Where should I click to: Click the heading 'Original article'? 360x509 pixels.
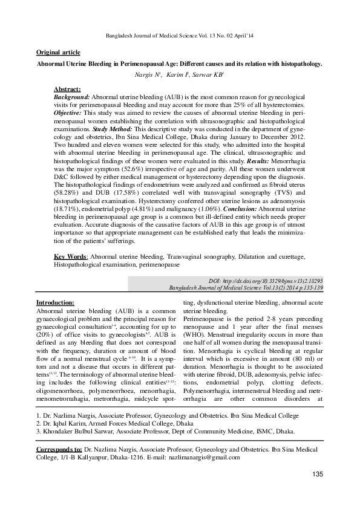[58, 53]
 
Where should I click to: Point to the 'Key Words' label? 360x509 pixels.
[70, 256]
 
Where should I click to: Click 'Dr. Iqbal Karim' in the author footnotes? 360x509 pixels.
[64, 424]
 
